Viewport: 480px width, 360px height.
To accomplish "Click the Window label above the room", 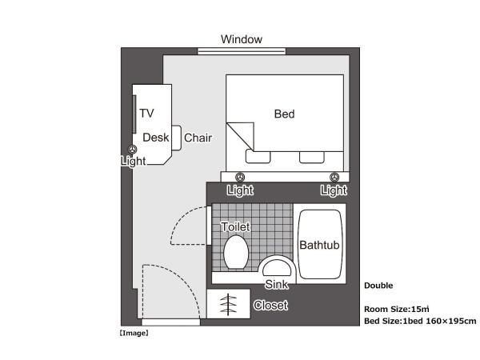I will (x=241, y=39).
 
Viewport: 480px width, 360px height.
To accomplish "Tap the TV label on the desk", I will (x=146, y=113).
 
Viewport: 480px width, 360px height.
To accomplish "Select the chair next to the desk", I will (x=177, y=138).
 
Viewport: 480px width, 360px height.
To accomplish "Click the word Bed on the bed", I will (x=284, y=114).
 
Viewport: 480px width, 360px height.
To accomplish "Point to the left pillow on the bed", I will (x=258, y=155).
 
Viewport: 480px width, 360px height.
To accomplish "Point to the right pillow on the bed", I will (x=312, y=155).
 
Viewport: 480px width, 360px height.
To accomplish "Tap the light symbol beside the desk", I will (x=133, y=149).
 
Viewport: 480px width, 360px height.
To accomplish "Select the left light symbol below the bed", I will (x=240, y=177).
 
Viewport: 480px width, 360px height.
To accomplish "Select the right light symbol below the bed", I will (x=334, y=177).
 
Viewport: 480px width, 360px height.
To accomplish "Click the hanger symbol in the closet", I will (x=227, y=305).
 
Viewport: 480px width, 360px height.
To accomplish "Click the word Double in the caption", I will (x=378, y=285).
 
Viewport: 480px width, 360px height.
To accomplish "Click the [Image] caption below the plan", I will (x=134, y=332).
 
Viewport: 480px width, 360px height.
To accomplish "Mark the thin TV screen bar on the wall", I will (x=134, y=112).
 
